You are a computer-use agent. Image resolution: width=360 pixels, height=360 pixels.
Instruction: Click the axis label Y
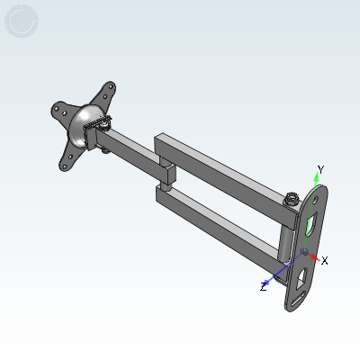(321, 170)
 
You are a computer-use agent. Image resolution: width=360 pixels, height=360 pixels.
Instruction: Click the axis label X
(324, 261)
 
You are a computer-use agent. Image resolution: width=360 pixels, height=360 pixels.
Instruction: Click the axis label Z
(263, 287)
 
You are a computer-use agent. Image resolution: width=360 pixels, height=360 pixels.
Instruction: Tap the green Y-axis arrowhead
(316, 177)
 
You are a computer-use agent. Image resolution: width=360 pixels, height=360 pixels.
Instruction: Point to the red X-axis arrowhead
(314, 257)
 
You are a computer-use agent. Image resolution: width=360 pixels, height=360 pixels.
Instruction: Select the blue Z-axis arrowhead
(265, 283)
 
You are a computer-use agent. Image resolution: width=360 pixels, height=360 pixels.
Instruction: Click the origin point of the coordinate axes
(305, 252)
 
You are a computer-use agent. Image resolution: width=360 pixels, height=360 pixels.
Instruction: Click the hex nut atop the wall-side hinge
(292, 199)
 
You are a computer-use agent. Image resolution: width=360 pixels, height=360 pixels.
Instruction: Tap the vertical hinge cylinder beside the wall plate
(285, 243)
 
